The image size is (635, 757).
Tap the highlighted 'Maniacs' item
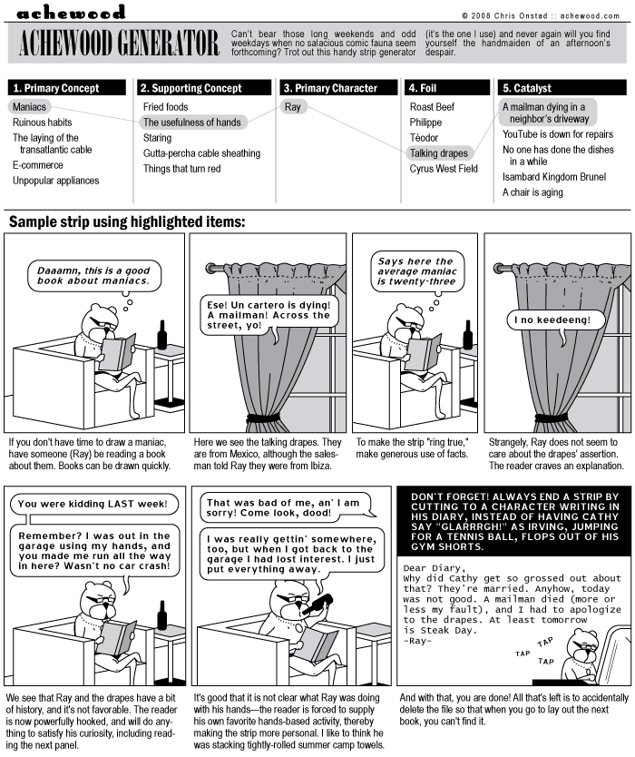click(30, 107)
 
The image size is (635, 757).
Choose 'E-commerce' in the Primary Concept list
click(38, 165)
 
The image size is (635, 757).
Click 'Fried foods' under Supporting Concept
click(166, 107)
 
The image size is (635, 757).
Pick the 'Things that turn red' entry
click(181, 169)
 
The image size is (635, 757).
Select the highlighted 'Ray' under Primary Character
click(292, 107)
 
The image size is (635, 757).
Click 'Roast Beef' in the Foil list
click(432, 107)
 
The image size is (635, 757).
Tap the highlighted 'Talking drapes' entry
click(439, 153)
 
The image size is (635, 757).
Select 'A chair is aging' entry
click(532, 192)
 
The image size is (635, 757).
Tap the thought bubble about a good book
click(93, 274)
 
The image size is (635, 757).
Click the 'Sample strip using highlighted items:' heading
click(127, 221)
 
